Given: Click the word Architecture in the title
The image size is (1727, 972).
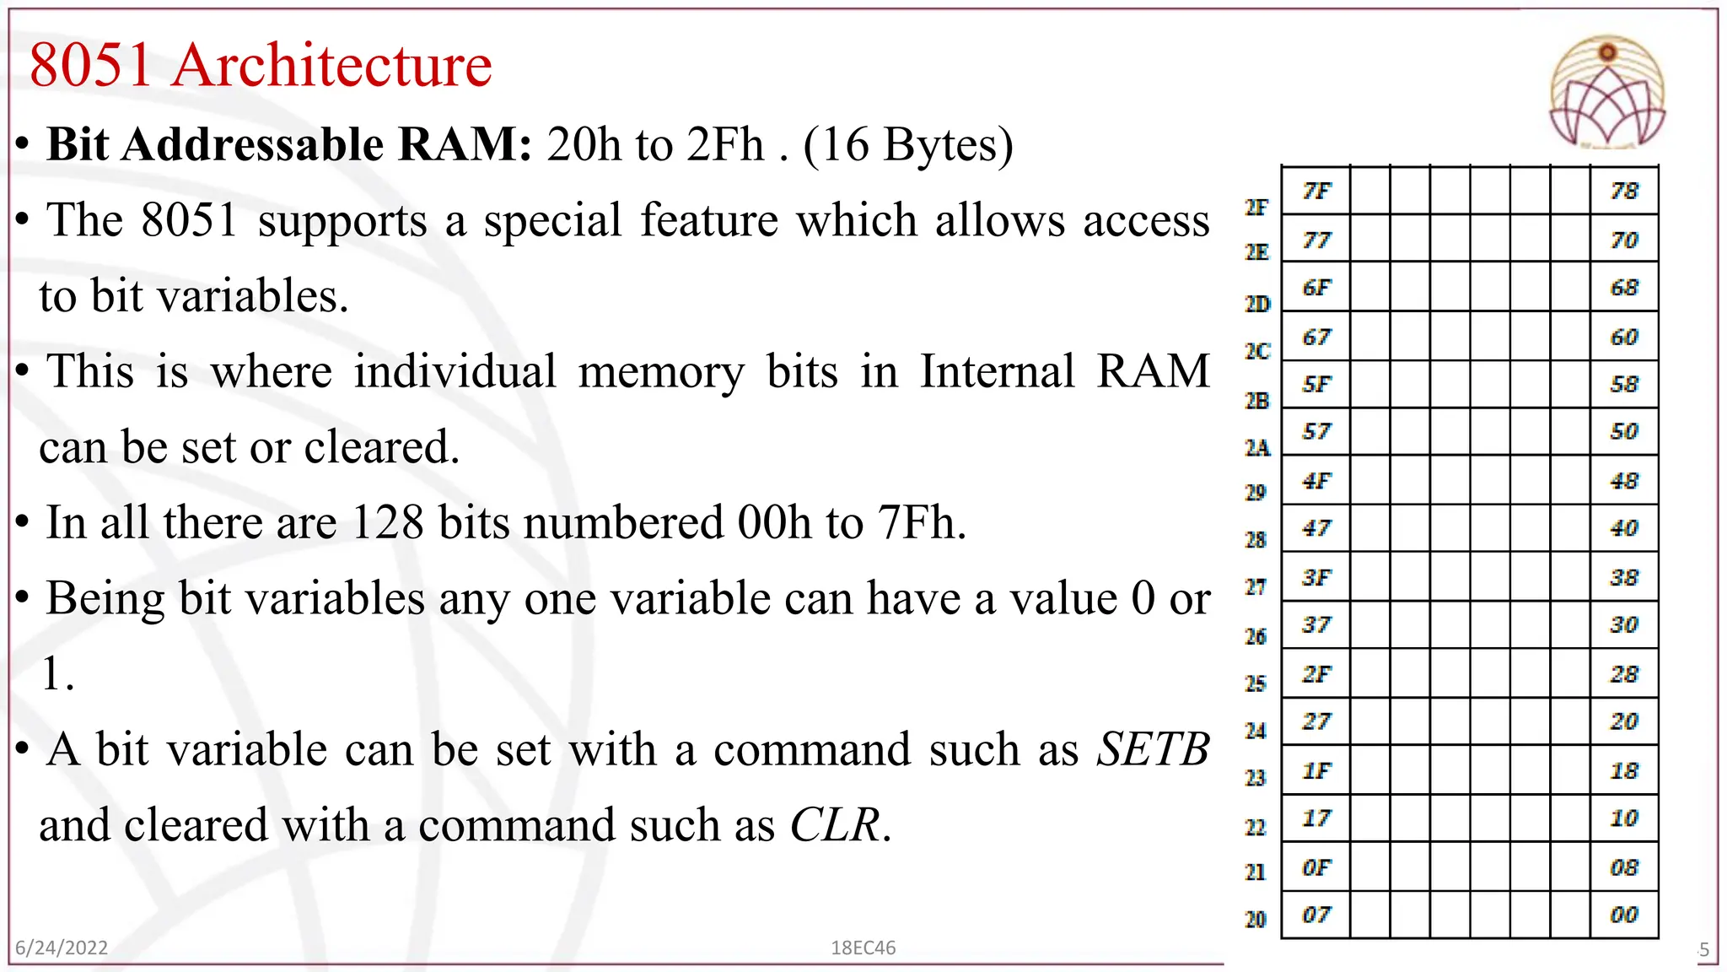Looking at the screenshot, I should (x=332, y=66).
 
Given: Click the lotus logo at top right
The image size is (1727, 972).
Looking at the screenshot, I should (x=1607, y=93).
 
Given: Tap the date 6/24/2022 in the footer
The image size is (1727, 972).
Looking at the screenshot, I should (x=62, y=948).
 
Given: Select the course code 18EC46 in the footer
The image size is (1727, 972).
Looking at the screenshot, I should (x=863, y=948).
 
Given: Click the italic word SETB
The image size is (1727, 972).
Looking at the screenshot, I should (x=1153, y=749).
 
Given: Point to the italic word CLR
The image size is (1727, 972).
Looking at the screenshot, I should (x=834, y=825).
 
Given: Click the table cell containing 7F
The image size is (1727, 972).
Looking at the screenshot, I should (x=1315, y=191).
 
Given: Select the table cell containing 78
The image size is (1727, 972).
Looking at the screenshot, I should (x=1624, y=191).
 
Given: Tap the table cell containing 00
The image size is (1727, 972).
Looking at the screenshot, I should (x=1624, y=915).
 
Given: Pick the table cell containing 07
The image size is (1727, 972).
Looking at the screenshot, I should (x=1315, y=915).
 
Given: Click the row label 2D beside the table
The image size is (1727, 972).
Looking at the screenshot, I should (x=1257, y=304).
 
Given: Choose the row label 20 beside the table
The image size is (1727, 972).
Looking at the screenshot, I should (x=1256, y=919).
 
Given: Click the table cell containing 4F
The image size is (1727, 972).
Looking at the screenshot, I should (x=1315, y=481).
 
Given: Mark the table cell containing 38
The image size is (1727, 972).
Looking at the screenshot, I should (x=1624, y=578).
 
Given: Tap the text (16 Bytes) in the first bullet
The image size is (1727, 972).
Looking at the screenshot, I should (x=907, y=145).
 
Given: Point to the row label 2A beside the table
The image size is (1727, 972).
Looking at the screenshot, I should (x=1257, y=448).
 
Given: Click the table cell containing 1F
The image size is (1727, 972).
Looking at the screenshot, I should (x=1315, y=770).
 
